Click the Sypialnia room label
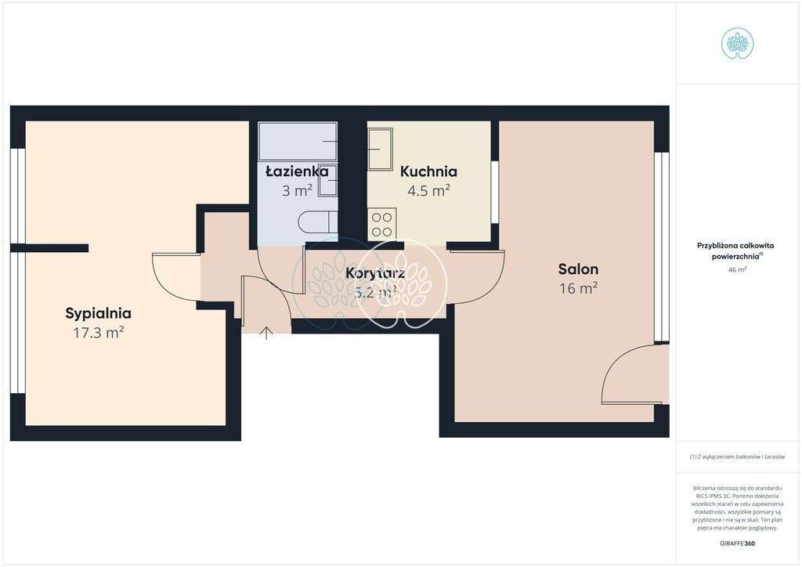(98, 313)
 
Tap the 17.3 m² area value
(98, 333)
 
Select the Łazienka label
(297, 171)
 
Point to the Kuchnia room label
(428, 172)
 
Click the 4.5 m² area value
(428, 190)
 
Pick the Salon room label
(578, 269)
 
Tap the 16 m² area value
(578, 288)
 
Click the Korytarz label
(375, 273)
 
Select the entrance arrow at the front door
(266, 333)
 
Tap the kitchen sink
(381, 149)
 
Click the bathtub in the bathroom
(298, 141)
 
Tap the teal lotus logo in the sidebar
(737, 43)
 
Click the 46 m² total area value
(737, 269)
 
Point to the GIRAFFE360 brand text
(737, 544)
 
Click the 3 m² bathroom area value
(297, 190)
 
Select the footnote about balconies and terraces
(737, 457)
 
